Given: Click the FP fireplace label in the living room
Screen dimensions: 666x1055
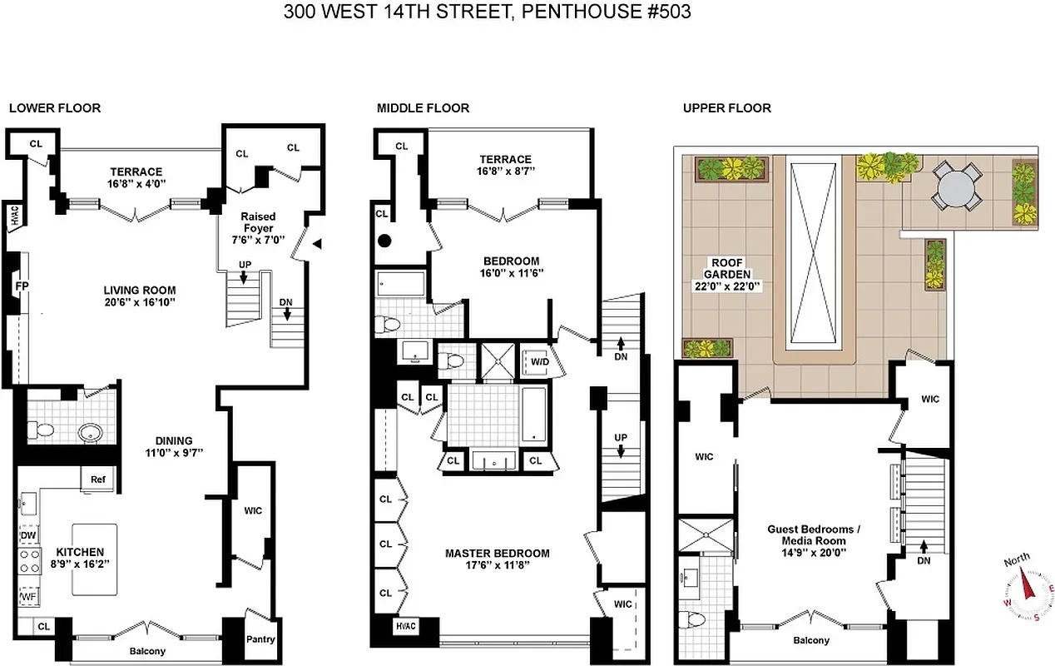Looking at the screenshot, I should (20, 287).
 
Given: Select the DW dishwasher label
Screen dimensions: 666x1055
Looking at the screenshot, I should (28, 535).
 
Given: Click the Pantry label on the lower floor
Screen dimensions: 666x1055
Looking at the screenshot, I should (260, 639).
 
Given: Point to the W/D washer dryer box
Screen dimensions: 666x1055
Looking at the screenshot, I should (539, 362).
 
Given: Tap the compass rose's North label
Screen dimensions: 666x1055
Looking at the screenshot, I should (1017, 559).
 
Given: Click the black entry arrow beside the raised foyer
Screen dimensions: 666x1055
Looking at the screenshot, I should (317, 243).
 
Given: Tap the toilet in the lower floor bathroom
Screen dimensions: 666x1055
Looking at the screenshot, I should (39, 430).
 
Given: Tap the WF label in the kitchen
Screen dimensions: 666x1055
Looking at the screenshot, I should (28, 596).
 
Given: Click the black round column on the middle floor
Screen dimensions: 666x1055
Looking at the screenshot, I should (384, 242).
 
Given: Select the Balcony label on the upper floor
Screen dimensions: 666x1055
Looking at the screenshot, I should (810, 640).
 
